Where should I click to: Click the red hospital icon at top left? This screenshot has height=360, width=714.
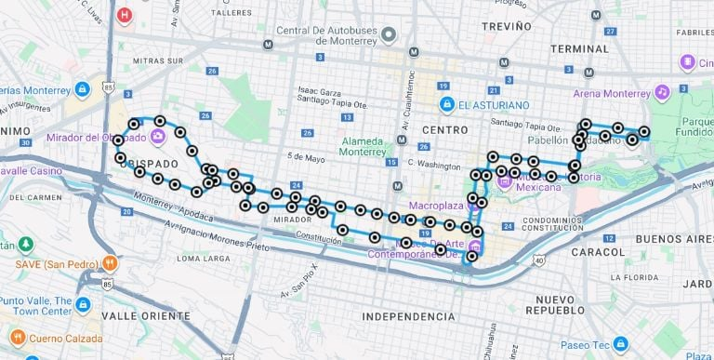tap(125, 15)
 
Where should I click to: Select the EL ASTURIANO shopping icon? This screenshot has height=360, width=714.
tap(447, 103)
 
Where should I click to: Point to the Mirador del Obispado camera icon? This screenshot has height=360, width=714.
tap(157, 138)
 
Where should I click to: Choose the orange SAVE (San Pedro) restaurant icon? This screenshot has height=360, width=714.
tap(110, 263)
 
